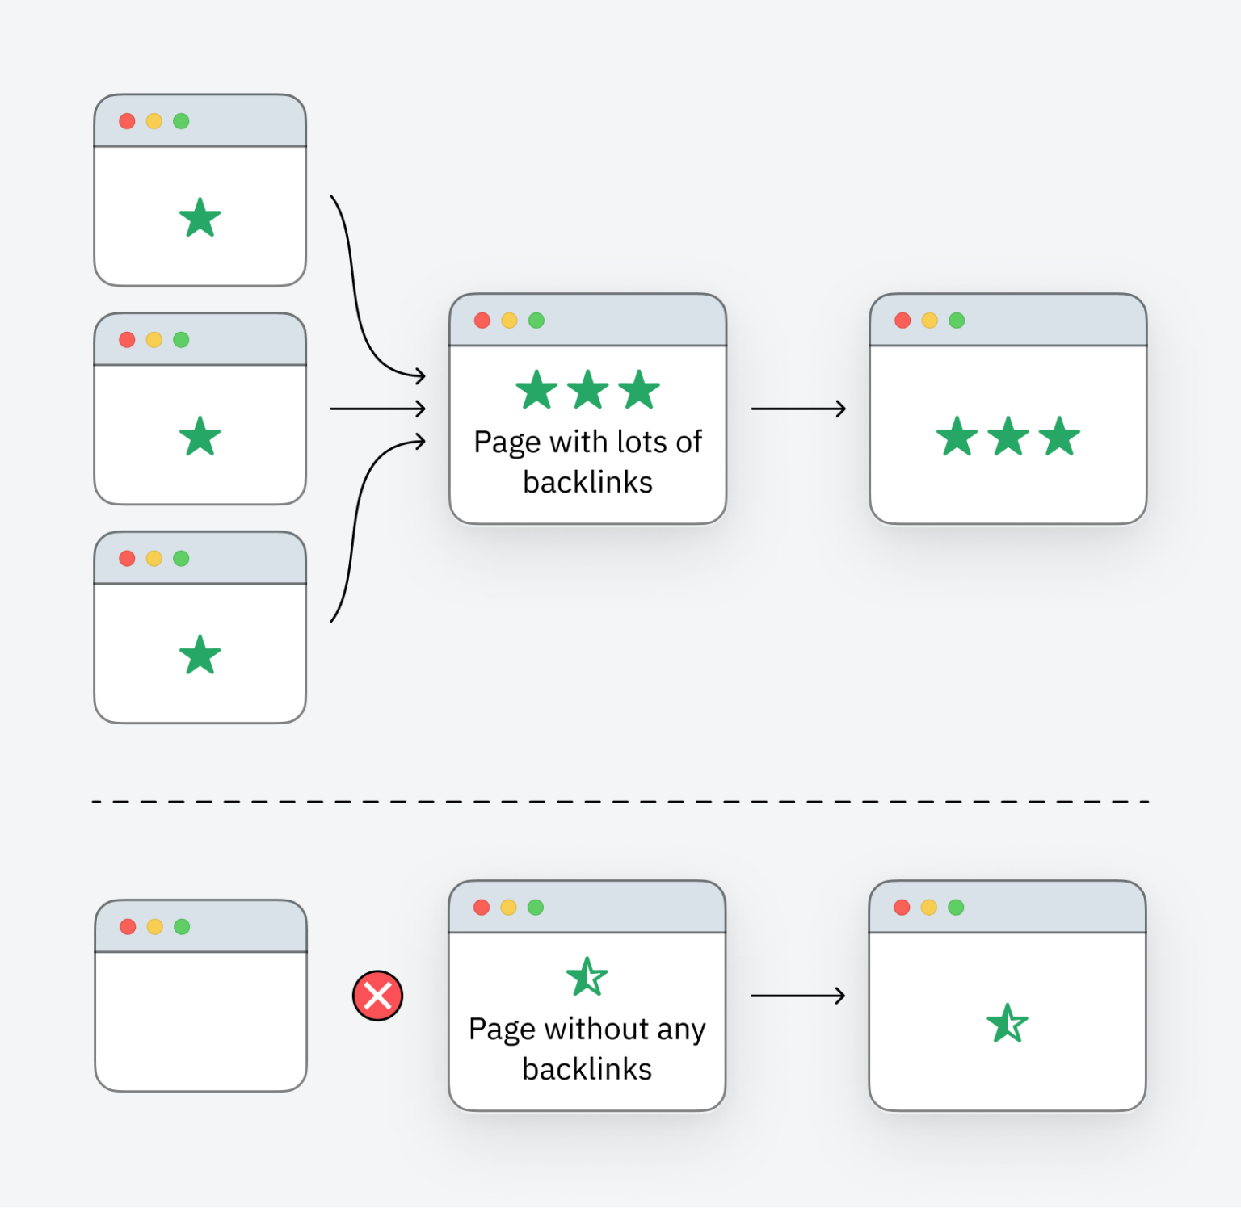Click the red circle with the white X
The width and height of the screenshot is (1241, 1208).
(377, 996)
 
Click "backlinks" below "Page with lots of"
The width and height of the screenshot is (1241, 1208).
(587, 482)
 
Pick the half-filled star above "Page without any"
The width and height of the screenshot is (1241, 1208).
(587, 977)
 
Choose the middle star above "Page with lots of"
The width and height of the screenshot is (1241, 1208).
(587, 390)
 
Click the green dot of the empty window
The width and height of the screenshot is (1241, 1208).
(182, 927)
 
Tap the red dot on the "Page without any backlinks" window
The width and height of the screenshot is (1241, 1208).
(482, 908)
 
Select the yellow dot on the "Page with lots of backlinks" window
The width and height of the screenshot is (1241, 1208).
(509, 321)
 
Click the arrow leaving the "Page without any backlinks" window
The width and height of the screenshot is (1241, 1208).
(797, 996)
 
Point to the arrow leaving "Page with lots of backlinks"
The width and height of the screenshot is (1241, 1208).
(798, 409)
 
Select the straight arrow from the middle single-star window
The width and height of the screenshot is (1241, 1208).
(377, 409)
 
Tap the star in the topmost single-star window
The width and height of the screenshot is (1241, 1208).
(200, 218)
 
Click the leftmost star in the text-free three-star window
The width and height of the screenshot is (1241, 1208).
(957, 437)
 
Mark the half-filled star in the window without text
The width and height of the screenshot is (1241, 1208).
(1008, 1023)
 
